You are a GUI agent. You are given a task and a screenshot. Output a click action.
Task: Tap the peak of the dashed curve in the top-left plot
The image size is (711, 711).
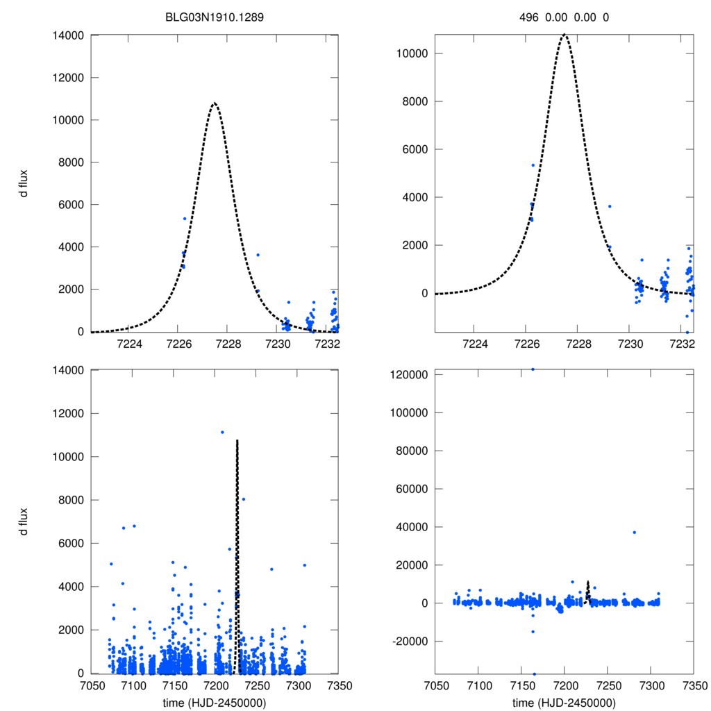[215, 103]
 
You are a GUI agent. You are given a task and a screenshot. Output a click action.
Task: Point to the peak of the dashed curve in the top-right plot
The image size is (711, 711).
[564, 35]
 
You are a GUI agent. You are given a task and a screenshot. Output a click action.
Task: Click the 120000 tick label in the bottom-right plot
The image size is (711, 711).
[406, 374]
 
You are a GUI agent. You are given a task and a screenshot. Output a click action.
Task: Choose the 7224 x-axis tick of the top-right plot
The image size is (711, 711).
[475, 344]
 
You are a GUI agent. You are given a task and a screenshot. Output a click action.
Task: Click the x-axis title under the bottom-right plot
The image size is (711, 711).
[564, 702]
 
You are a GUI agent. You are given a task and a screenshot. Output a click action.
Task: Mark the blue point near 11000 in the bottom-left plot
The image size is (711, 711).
[222, 432]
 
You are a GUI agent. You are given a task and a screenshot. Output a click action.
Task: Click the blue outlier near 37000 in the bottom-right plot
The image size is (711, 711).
[634, 533]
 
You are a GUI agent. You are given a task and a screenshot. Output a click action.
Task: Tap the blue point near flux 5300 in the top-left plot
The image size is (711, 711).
[185, 219]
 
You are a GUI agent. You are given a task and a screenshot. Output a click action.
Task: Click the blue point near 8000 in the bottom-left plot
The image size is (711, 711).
[243, 499]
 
